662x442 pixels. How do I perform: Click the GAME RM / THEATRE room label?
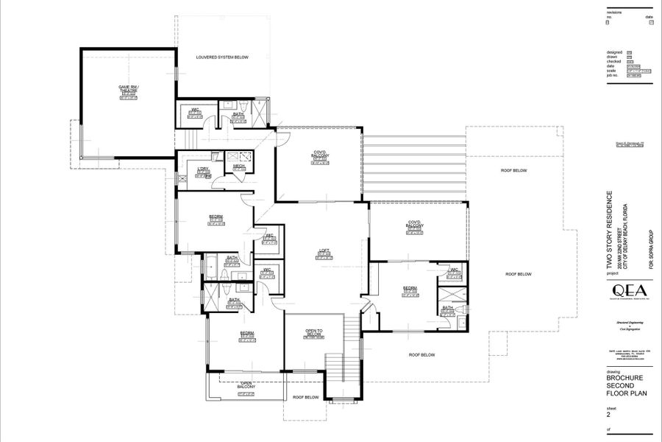(x=129, y=89)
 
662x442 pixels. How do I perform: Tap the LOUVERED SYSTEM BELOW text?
(x=221, y=57)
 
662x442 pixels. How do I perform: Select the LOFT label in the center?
(x=324, y=251)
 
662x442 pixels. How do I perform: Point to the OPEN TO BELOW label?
(x=314, y=332)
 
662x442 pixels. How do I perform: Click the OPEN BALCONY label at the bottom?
(x=246, y=385)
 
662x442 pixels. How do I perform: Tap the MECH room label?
(x=239, y=167)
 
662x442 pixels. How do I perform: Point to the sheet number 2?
(x=608, y=415)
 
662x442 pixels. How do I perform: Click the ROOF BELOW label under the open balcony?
(x=305, y=398)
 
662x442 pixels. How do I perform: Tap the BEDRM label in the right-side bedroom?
(x=410, y=288)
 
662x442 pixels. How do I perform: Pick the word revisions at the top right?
(x=615, y=13)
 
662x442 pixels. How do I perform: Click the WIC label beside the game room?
(x=196, y=110)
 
